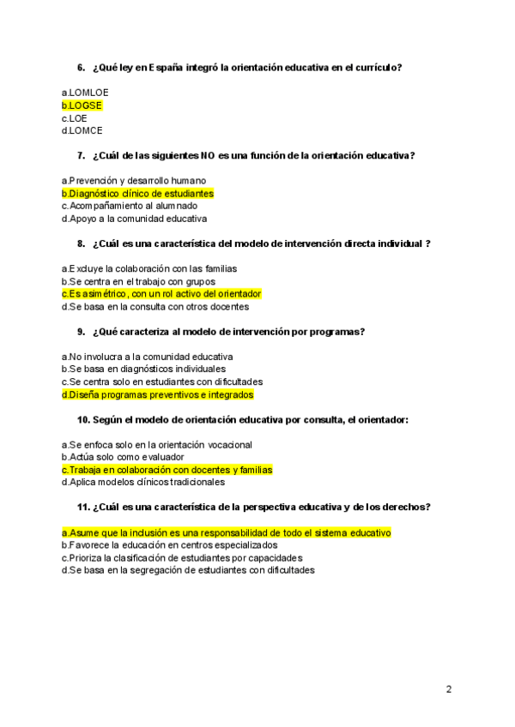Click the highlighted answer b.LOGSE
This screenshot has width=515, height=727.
pyautogui.click(x=82, y=105)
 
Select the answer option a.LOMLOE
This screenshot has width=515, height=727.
pyautogui.click(x=85, y=93)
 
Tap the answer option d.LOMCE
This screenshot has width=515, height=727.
pyautogui.click(x=82, y=131)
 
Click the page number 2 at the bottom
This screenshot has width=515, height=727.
pyautogui.click(x=449, y=689)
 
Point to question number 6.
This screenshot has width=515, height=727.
pyautogui.click(x=81, y=68)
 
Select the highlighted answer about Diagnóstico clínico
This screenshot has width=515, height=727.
pyautogui.click(x=137, y=194)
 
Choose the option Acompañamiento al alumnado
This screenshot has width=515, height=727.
pyautogui.click(x=130, y=207)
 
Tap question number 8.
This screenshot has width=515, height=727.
pyautogui.click(x=81, y=244)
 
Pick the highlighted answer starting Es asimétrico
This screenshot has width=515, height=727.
pyautogui.click(x=161, y=294)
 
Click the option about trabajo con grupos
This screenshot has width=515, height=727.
pyautogui.click(x=138, y=281)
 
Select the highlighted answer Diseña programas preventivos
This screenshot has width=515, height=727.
pyautogui.click(x=157, y=395)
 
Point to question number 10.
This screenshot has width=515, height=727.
pyautogui.click(x=83, y=420)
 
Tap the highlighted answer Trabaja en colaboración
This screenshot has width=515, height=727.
pyautogui.click(x=167, y=470)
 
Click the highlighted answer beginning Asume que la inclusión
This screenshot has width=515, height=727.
pyautogui.click(x=226, y=532)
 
